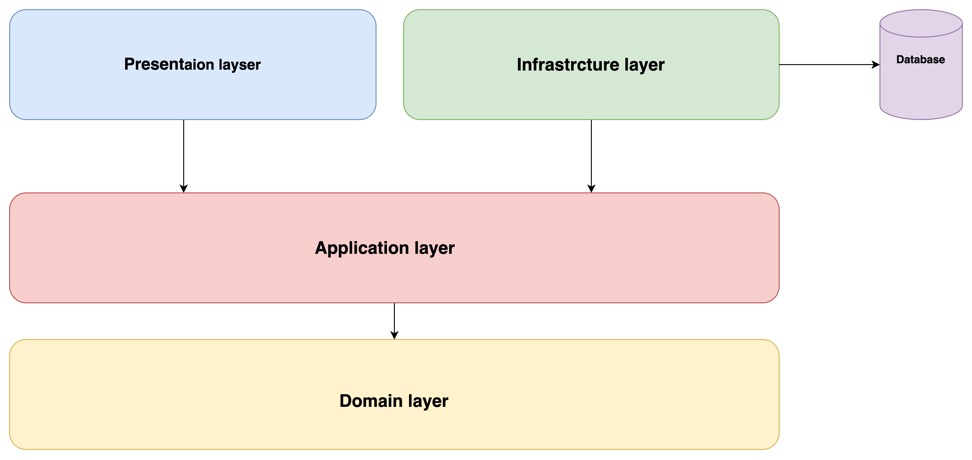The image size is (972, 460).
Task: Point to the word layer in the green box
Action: pos(644,65)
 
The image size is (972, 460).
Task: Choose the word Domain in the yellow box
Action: pos(371,401)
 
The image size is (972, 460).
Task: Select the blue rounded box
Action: pos(192,94)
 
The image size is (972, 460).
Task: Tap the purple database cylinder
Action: pos(921,87)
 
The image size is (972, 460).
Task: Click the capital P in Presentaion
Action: pos(129,64)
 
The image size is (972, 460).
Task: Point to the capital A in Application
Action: pos(321,248)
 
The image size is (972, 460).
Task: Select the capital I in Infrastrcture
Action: pos(519,65)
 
